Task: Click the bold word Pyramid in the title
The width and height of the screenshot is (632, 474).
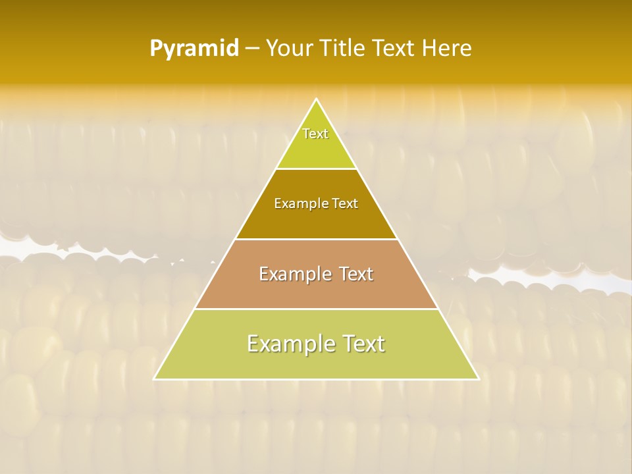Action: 194,49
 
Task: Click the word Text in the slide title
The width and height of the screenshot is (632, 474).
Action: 394,49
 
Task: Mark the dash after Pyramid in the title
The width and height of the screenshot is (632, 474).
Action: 252,49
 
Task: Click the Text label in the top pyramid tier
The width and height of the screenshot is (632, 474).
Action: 315,134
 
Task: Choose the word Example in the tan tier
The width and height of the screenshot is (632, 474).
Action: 295,274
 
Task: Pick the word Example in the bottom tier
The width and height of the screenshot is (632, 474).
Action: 287,344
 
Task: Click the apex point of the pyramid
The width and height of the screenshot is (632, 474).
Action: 317,99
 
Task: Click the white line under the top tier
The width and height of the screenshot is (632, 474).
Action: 317,169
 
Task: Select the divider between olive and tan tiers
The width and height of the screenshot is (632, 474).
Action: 317,239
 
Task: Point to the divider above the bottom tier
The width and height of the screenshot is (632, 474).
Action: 317,309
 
